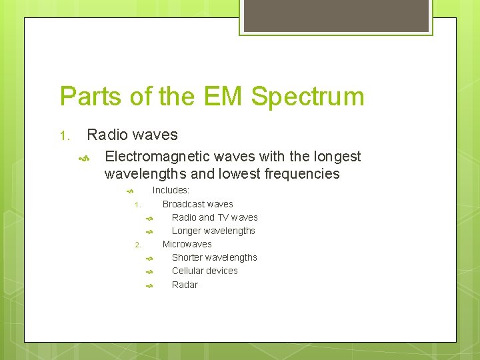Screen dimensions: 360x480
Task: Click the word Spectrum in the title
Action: click(308, 97)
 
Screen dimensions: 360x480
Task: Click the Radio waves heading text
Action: click(132, 135)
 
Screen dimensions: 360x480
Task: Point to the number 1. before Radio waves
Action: click(65, 136)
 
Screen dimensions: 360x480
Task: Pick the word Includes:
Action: click(171, 191)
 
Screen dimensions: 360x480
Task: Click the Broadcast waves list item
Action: click(197, 204)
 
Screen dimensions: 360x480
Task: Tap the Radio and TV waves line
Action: click(214, 217)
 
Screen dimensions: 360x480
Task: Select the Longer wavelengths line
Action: click(213, 231)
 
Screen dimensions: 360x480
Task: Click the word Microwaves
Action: click(187, 244)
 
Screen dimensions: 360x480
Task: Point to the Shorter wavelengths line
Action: click(214, 257)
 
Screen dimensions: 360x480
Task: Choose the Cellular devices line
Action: click(205, 271)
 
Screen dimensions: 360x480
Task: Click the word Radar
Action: click(185, 285)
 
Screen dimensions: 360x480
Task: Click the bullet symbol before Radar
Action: click(150, 285)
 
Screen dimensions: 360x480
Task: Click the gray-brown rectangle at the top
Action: click(336, 15)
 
